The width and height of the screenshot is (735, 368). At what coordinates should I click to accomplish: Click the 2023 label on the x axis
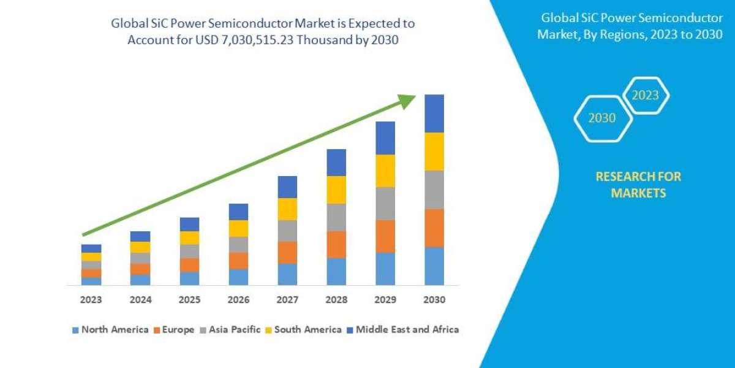point(91,301)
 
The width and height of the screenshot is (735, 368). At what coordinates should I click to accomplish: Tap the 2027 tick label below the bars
point(287,301)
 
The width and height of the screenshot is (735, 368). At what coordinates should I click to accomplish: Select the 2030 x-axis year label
point(434,301)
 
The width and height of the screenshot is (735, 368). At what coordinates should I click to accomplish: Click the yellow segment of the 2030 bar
point(434,151)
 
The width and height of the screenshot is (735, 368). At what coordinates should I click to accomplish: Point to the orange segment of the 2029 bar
point(385,236)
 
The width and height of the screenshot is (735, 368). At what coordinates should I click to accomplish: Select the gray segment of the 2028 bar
point(336,217)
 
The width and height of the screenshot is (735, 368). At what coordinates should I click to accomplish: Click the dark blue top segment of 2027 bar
point(287,187)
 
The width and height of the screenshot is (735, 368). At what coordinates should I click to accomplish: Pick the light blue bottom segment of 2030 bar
point(434,266)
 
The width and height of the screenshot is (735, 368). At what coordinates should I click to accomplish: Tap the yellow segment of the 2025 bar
point(189,238)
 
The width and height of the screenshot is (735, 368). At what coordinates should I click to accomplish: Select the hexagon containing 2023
point(645,95)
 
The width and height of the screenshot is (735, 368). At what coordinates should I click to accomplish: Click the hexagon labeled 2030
point(602,118)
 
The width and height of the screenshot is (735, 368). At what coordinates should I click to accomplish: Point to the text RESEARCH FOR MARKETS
point(638,185)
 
